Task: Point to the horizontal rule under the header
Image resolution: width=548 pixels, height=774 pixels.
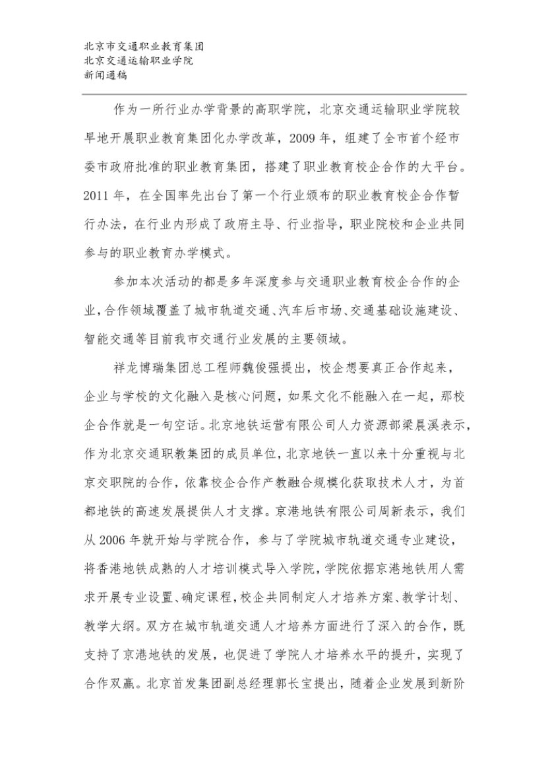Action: coord(274,94)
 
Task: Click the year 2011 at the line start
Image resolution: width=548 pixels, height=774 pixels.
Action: coord(98,196)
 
